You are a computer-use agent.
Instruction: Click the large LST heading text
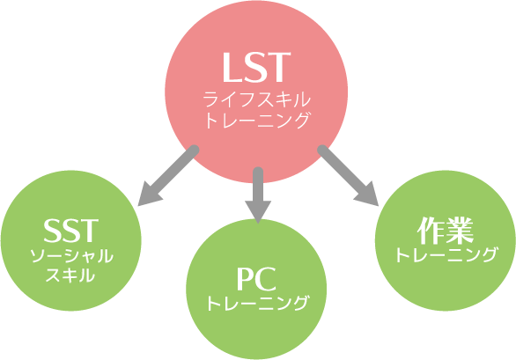point(256,67)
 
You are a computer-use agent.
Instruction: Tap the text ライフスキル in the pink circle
point(256,99)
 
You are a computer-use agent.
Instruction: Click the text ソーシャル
point(71,256)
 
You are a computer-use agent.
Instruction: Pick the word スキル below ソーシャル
point(70,276)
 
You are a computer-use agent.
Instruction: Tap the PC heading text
point(256,279)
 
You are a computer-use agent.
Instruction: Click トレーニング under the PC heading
point(258,303)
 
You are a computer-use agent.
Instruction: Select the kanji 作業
point(445,231)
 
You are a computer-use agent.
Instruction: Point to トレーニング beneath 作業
point(446,254)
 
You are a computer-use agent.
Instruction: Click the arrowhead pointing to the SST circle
point(149,195)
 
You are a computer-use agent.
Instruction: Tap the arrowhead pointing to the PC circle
point(258,212)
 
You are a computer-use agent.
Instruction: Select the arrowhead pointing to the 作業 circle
point(367,195)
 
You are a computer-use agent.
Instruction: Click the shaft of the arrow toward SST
point(173,171)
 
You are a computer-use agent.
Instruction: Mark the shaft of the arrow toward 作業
point(343,171)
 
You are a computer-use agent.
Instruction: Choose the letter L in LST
point(232,68)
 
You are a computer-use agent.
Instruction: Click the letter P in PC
point(245,279)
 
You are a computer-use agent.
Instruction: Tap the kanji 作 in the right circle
point(430,231)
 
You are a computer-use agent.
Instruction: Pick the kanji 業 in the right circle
point(460,231)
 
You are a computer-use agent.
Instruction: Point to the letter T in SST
point(89,230)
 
